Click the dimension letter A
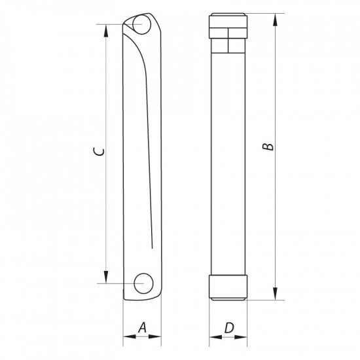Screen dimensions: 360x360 [x=143, y=327]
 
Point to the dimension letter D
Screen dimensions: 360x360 [x=228, y=327]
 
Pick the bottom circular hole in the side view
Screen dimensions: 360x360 [x=142, y=283]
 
